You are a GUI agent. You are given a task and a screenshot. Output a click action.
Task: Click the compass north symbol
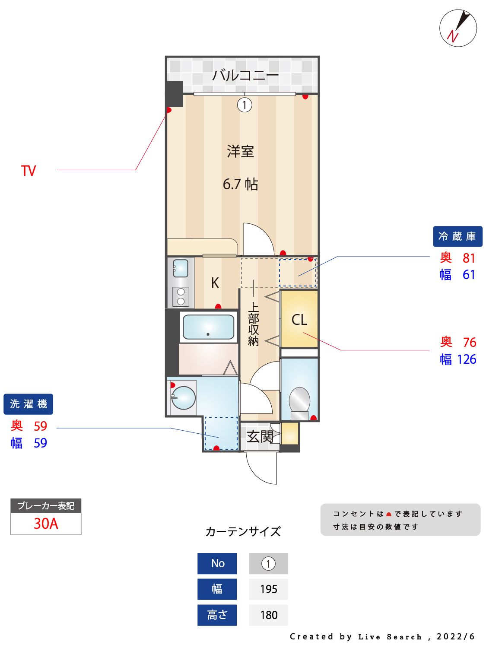[x=458, y=28]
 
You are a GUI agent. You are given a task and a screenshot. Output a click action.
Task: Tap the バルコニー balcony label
[x=245, y=76]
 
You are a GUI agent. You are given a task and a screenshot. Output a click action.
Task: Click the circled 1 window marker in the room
[x=245, y=105]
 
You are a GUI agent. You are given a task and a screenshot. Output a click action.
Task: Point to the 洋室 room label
[x=240, y=152]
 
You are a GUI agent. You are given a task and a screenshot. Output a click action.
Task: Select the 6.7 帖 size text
[x=240, y=184]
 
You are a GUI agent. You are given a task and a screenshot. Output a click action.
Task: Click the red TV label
[x=29, y=171]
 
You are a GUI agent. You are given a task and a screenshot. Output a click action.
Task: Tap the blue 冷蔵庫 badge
[x=457, y=236]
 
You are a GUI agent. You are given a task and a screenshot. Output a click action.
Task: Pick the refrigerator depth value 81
[x=469, y=258]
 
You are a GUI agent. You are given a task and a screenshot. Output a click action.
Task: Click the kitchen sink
[x=181, y=268]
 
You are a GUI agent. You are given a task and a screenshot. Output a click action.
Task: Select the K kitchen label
[x=215, y=283]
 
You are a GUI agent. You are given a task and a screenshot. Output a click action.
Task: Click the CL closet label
[x=299, y=320]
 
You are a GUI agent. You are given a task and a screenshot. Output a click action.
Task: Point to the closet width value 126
[x=466, y=359]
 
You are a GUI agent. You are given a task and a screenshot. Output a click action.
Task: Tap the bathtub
[x=208, y=327]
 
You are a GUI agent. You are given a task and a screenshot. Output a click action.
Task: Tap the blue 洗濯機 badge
[x=29, y=404]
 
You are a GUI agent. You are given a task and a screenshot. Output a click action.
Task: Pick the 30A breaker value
[x=46, y=524]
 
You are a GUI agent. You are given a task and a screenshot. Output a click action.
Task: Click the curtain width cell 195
[x=268, y=589]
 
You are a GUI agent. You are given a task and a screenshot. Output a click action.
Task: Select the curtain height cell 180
[x=268, y=615]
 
